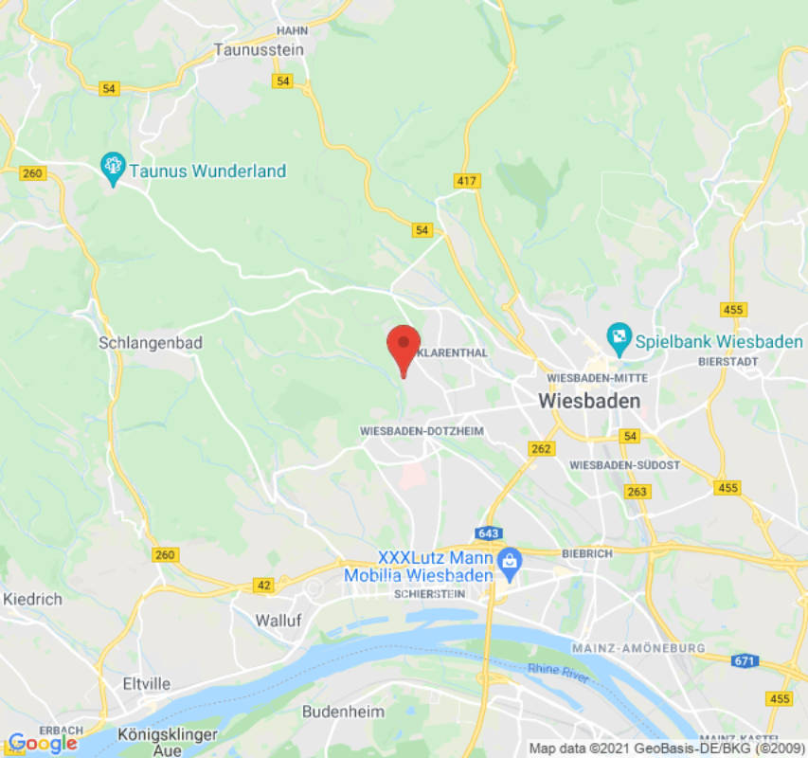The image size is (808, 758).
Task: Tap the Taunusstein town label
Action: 259,49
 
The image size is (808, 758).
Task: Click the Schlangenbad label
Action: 151,343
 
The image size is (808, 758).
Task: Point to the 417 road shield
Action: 467,181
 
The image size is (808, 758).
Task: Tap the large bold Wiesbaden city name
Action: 588,401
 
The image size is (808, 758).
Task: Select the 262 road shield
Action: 542,449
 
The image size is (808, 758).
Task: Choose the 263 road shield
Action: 637,492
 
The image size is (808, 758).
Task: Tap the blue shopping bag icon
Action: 510,562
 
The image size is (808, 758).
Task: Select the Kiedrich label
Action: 32,599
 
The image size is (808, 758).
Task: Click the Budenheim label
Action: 343,711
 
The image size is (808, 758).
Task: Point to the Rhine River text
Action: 558,675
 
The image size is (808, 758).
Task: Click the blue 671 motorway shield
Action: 746,660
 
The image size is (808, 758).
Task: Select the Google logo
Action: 43,743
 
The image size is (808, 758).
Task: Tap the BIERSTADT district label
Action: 727,362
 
